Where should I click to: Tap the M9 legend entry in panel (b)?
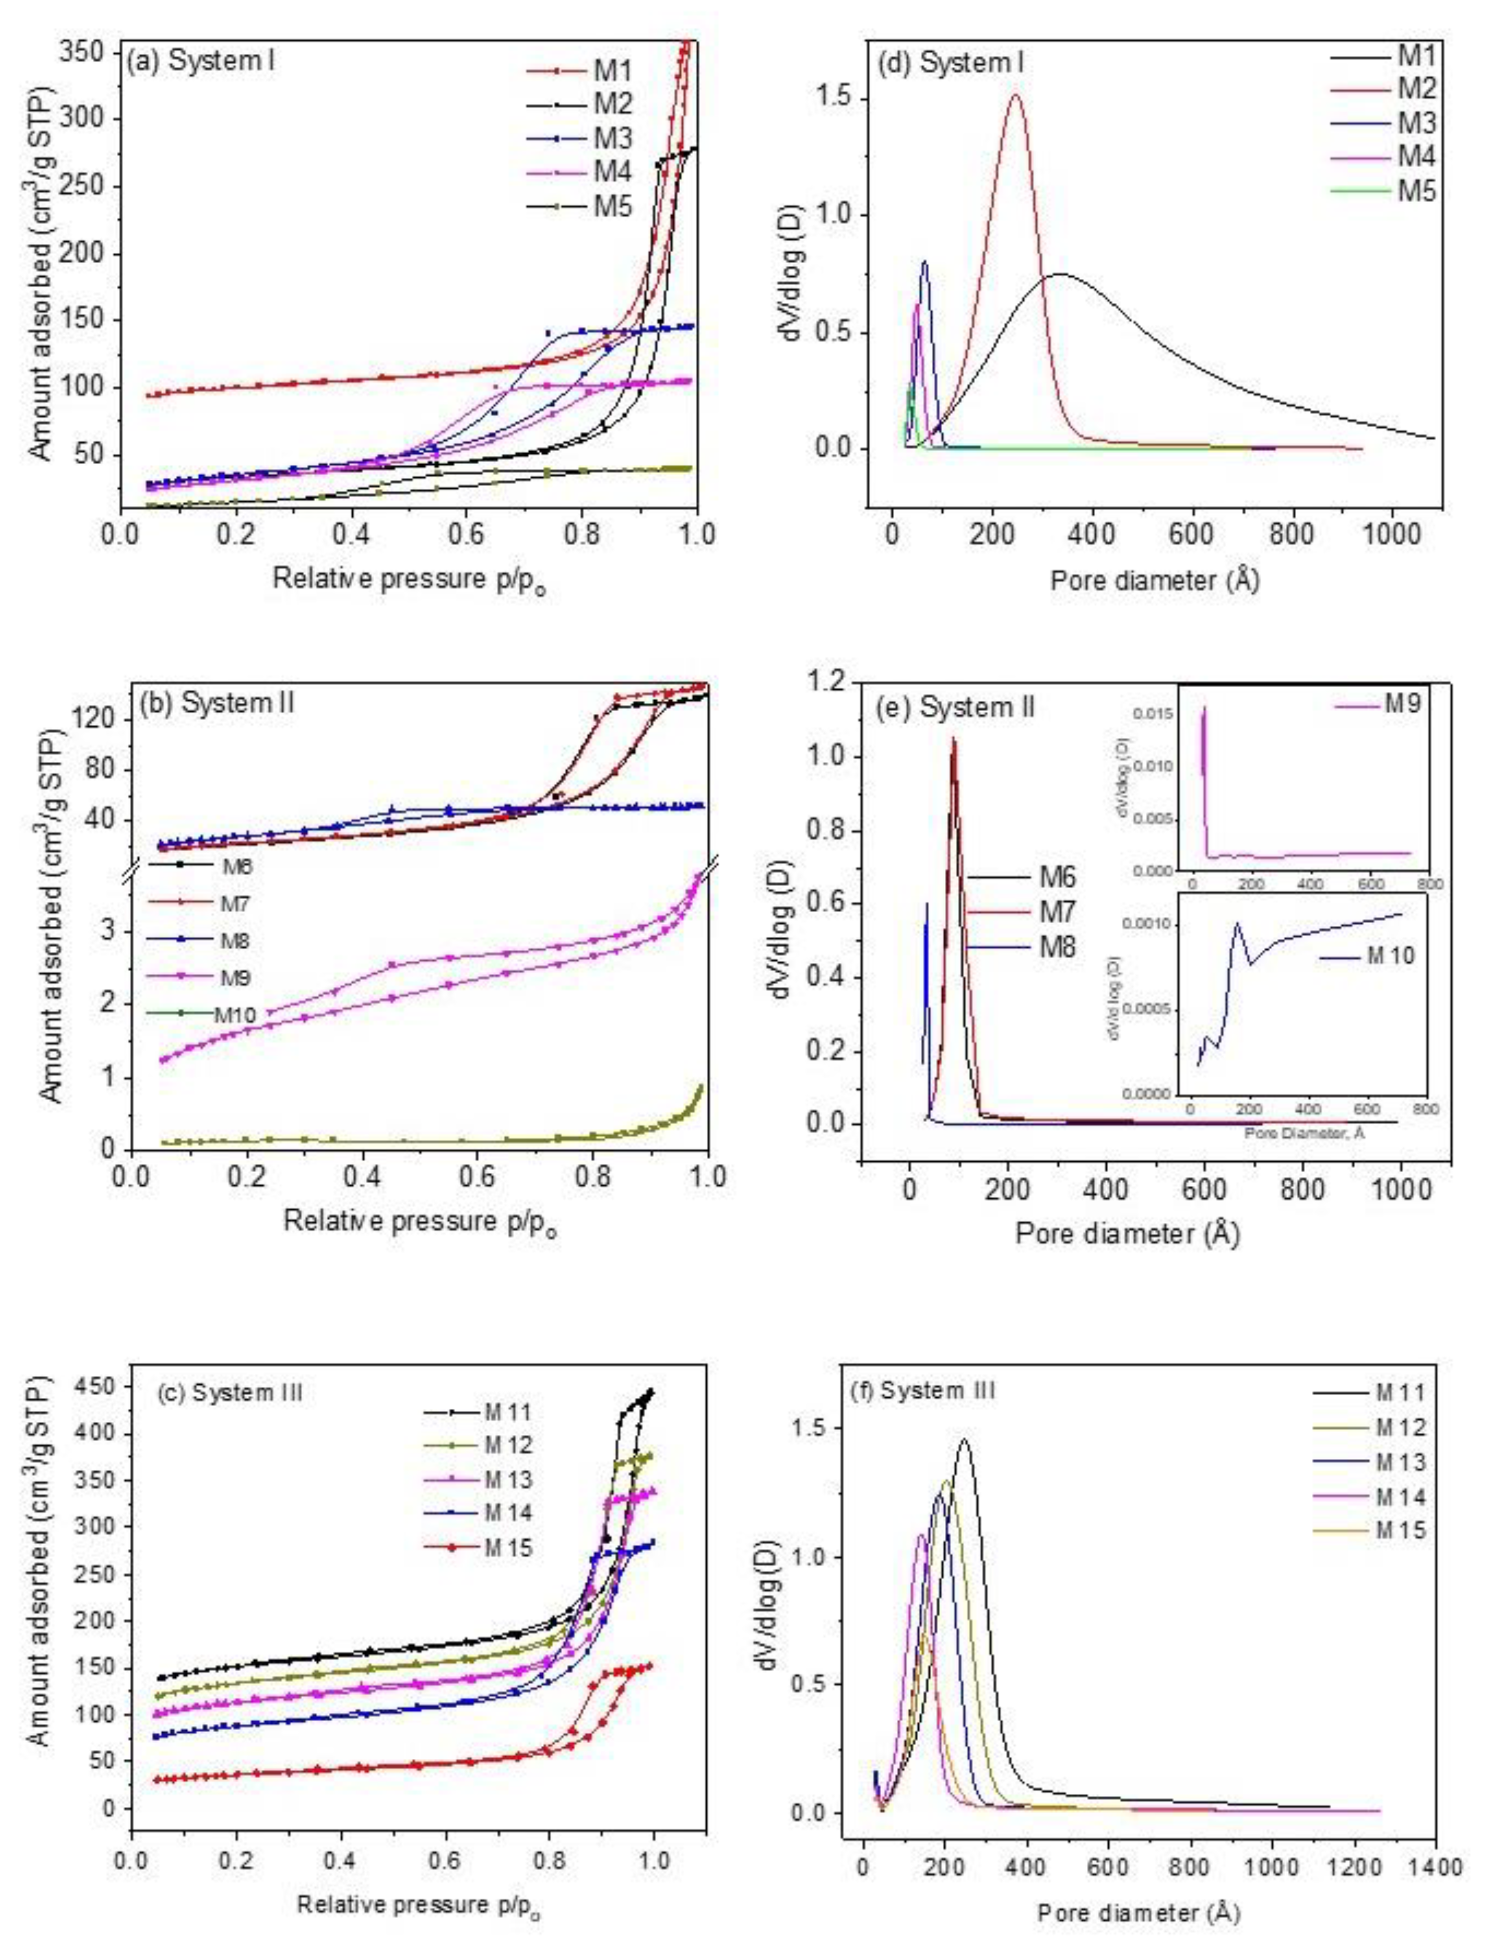pyautogui.click(x=232, y=978)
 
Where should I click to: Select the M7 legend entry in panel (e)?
pyautogui.click(x=1057, y=912)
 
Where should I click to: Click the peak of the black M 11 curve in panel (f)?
pyautogui.click(x=964, y=1465)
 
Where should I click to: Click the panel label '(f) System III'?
pyautogui.click(x=937, y=1390)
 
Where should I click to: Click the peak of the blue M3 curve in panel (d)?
pyautogui.click(x=925, y=261)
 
